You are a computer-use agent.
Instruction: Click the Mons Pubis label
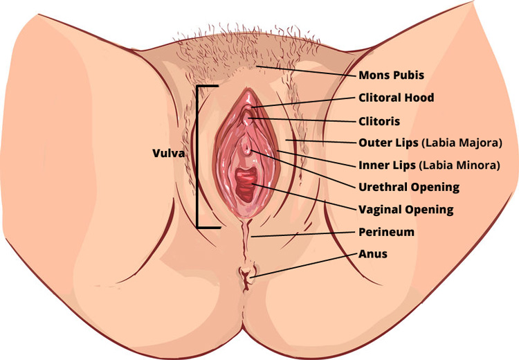(x=391, y=75)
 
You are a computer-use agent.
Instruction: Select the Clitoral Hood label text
(x=397, y=98)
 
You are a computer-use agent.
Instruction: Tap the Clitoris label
(x=379, y=120)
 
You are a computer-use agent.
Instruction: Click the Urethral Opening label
(x=409, y=187)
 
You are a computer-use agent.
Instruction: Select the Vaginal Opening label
(x=406, y=209)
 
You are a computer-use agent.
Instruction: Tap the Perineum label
(x=386, y=232)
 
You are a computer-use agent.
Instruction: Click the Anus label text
(x=373, y=254)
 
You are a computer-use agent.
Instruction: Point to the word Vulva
(x=168, y=154)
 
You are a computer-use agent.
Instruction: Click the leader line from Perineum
(x=304, y=235)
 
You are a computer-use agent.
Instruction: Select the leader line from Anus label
(x=304, y=265)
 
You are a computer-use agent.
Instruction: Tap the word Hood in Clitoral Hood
(x=421, y=98)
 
